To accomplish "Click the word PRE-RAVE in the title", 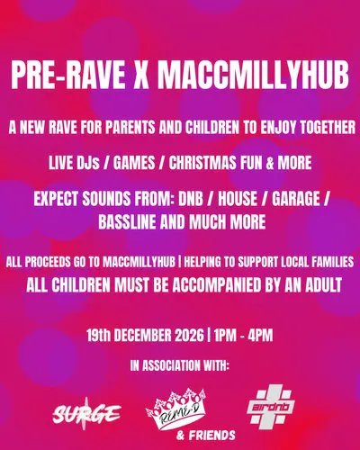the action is [x=68, y=75].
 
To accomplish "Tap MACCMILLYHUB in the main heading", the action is [x=253, y=75].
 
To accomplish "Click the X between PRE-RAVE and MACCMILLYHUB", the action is [x=141, y=75].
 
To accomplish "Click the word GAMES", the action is [x=134, y=163].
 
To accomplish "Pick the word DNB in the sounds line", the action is [x=191, y=199].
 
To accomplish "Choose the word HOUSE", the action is [x=238, y=199].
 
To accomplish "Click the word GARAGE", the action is [x=296, y=199].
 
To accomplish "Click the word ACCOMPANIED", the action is [x=217, y=285].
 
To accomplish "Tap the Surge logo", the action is [x=86, y=414].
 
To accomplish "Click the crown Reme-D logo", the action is [x=176, y=408].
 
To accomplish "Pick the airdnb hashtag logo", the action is [x=271, y=408].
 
